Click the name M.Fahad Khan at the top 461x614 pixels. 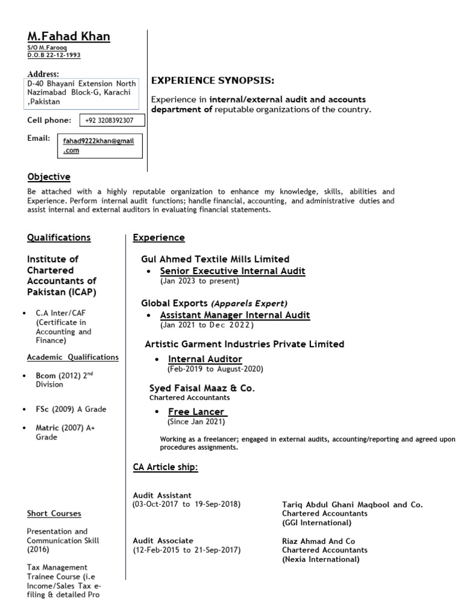tap(69, 37)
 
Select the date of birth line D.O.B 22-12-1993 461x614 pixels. tap(54, 55)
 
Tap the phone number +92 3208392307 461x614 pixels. tap(109, 121)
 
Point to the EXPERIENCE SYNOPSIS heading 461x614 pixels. tap(212, 81)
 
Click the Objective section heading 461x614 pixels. tap(49, 177)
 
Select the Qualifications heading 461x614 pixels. tap(59, 237)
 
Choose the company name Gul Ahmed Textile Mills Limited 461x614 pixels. tap(215, 259)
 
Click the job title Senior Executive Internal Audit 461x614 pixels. tap(232, 271)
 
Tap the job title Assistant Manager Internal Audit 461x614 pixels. tap(235, 315)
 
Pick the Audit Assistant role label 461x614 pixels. tap(162, 495)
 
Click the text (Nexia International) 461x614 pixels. tap(321, 559)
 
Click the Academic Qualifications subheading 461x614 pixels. tap(73, 357)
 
